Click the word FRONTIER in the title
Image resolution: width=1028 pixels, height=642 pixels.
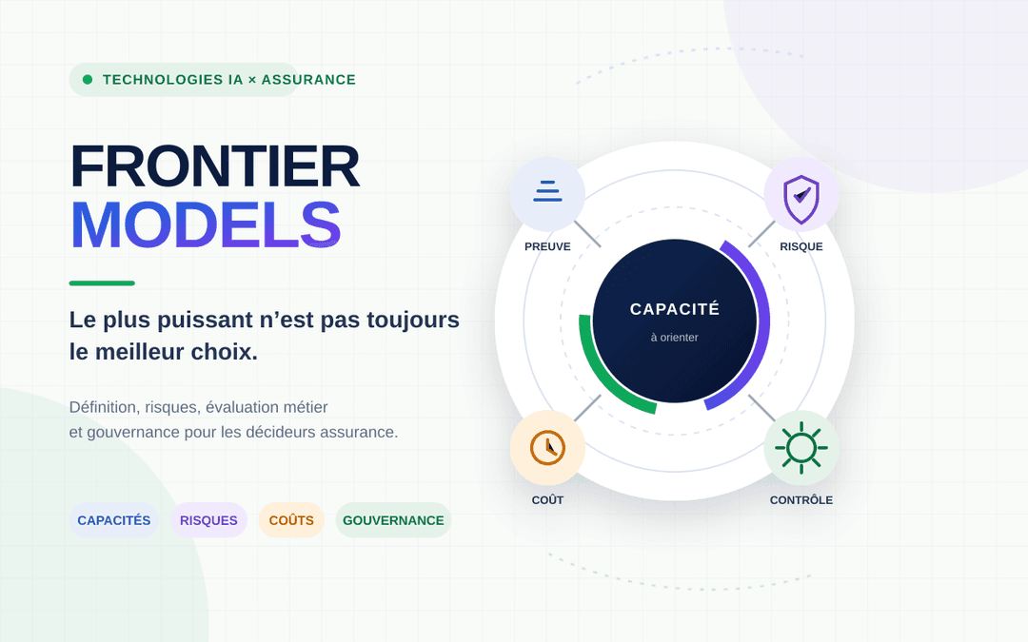tap(215, 167)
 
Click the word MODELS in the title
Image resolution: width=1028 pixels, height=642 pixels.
tap(206, 224)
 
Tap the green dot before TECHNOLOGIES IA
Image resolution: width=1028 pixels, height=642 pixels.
tap(88, 80)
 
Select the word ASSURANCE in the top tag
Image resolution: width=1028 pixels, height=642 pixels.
tap(308, 80)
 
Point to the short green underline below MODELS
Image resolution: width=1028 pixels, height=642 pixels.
tap(102, 283)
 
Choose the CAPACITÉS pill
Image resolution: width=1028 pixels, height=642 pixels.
tap(114, 520)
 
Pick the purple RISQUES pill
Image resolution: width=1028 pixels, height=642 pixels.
tap(208, 520)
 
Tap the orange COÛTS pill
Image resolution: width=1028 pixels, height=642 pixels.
tap(291, 520)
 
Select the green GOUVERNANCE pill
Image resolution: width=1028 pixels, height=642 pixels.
tap(393, 520)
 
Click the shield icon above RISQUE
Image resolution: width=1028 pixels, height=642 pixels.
tap(801, 199)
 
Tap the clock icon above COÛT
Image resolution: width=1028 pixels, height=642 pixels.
tap(547, 448)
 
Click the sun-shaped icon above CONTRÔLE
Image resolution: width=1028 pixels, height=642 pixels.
tap(801, 448)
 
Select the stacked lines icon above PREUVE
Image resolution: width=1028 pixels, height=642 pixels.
tap(547, 190)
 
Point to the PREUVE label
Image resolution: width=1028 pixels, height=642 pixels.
tap(547, 246)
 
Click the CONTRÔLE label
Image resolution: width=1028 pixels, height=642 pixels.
tap(801, 500)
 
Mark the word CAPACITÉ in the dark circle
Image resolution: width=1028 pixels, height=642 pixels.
tap(675, 308)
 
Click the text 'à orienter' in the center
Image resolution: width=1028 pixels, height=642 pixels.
tap(675, 338)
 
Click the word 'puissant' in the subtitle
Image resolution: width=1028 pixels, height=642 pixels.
tap(205, 321)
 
